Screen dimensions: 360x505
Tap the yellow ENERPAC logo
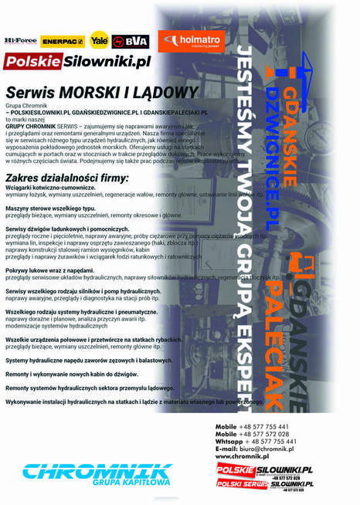coord(63,40)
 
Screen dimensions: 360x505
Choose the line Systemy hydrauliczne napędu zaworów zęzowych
coord(86,361)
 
